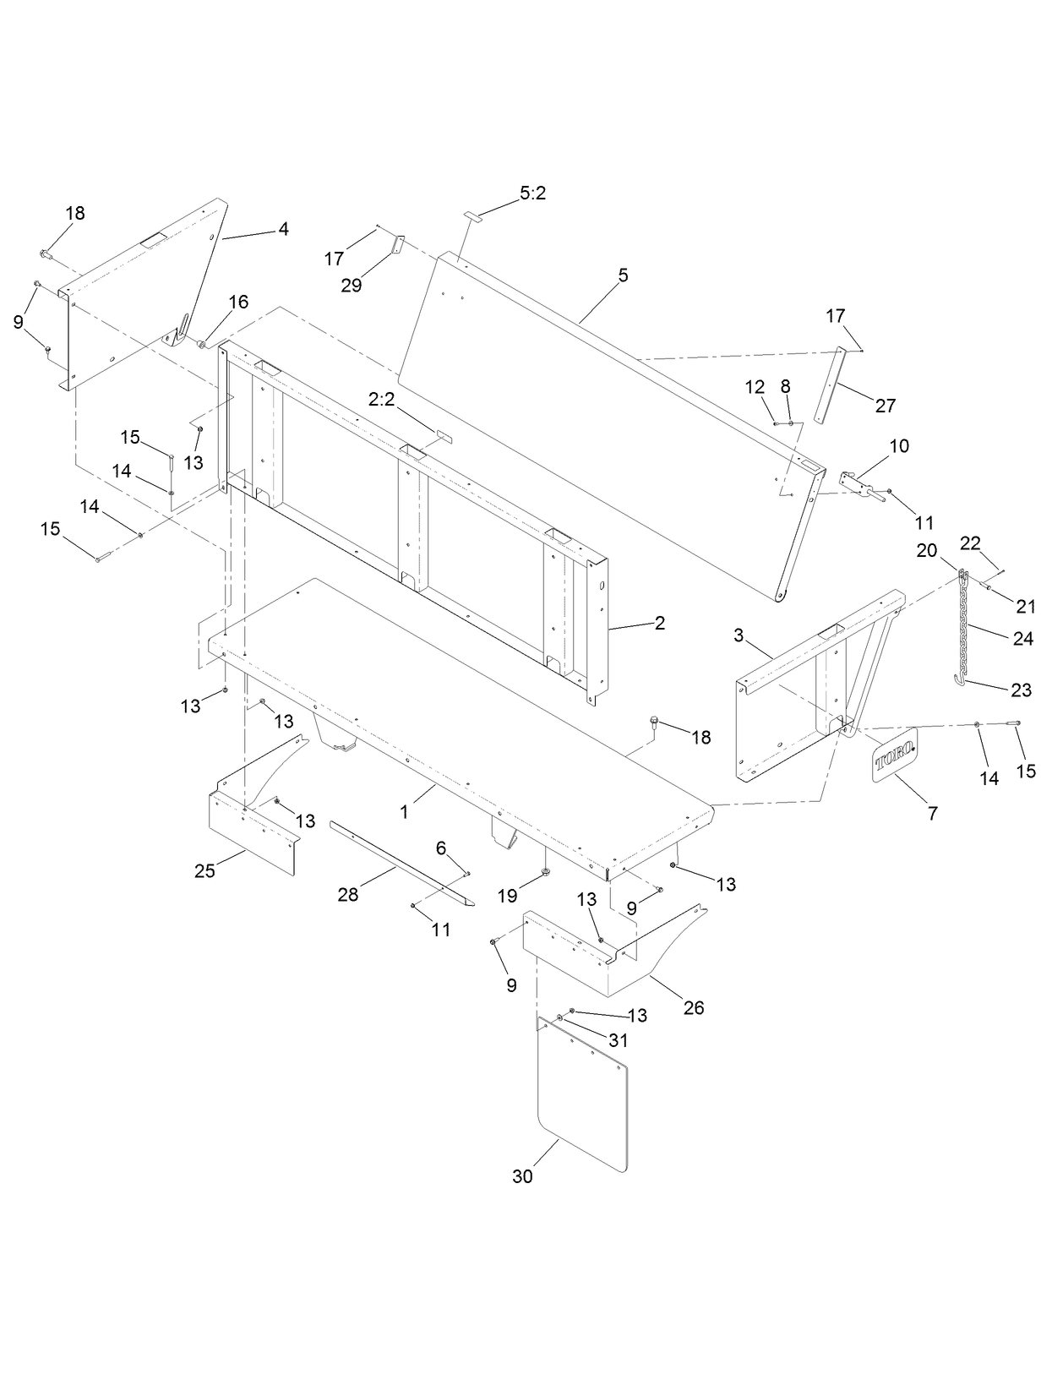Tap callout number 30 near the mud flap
pos(522,1175)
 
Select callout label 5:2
pos(532,194)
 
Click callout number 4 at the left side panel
pos(284,228)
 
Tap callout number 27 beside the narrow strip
pos(885,406)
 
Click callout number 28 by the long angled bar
pos(348,894)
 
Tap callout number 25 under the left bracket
pos(205,871)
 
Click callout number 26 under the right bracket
pos(694,1007)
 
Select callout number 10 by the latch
pos(899,445)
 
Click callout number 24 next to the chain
pos(1022,639)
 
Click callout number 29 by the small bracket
pos(352,285)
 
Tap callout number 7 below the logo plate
pos(932,813)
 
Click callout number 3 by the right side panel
pos(739,635)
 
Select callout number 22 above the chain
pos(970,543)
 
